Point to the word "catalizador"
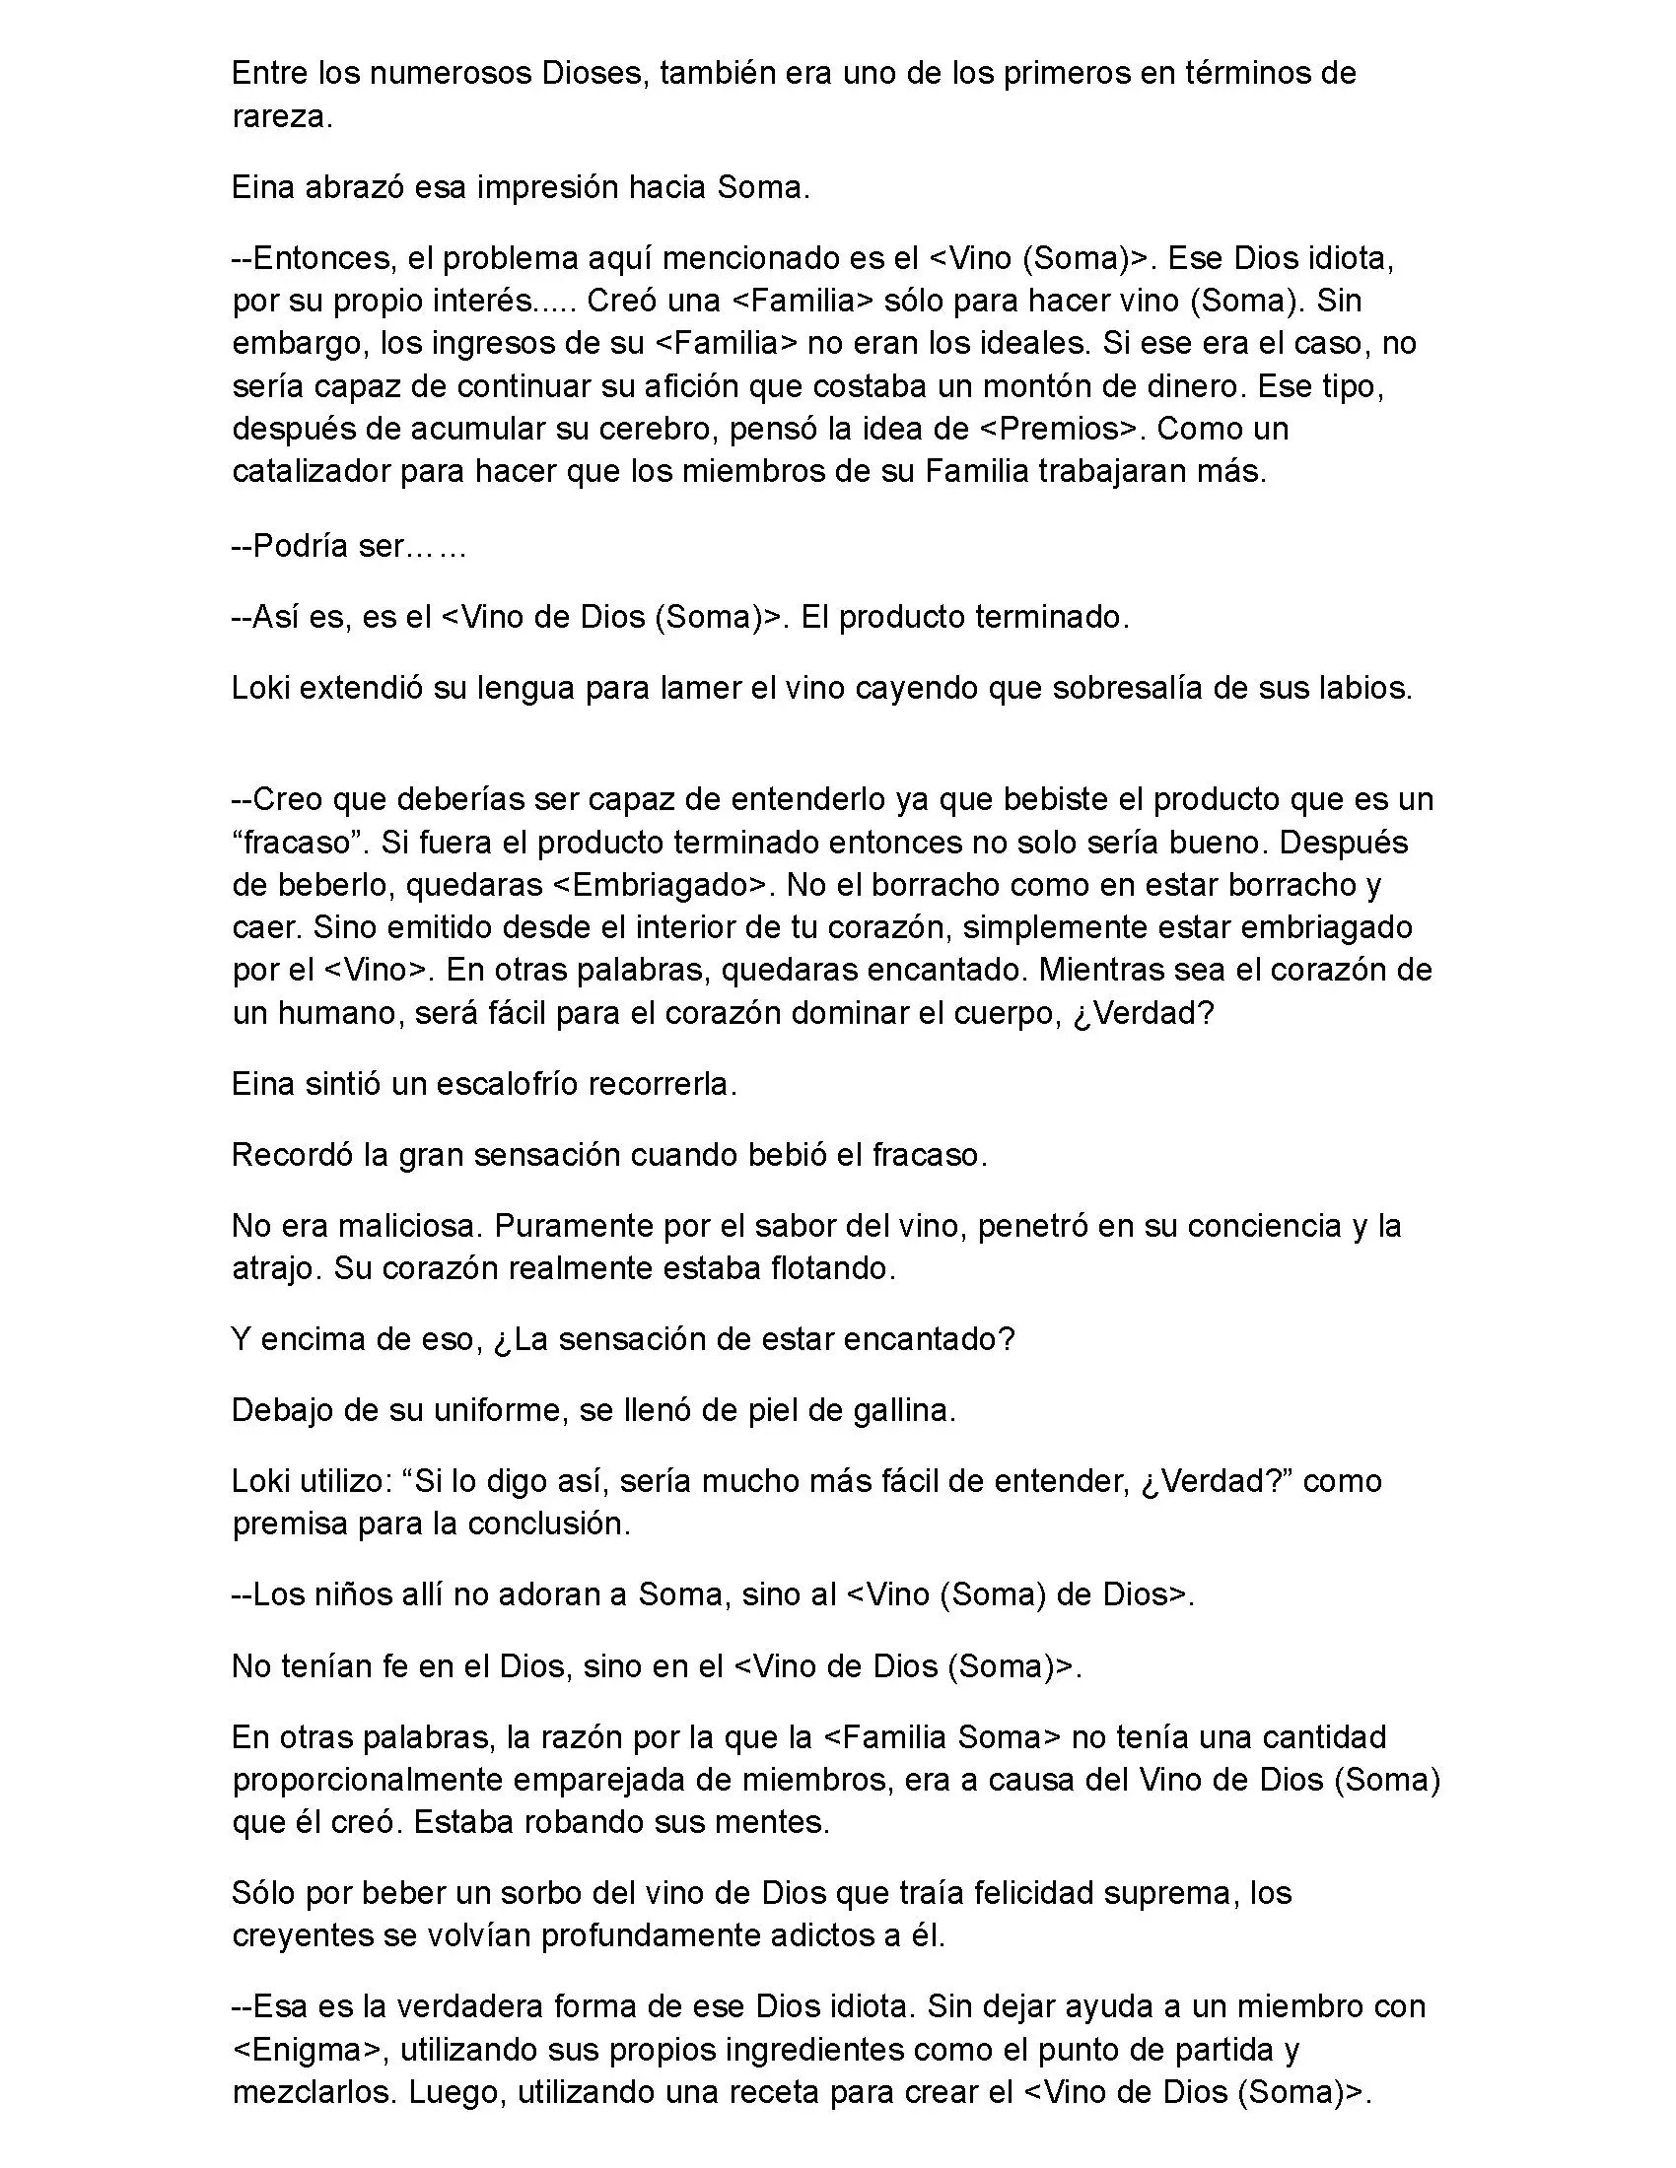[311, 471]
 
